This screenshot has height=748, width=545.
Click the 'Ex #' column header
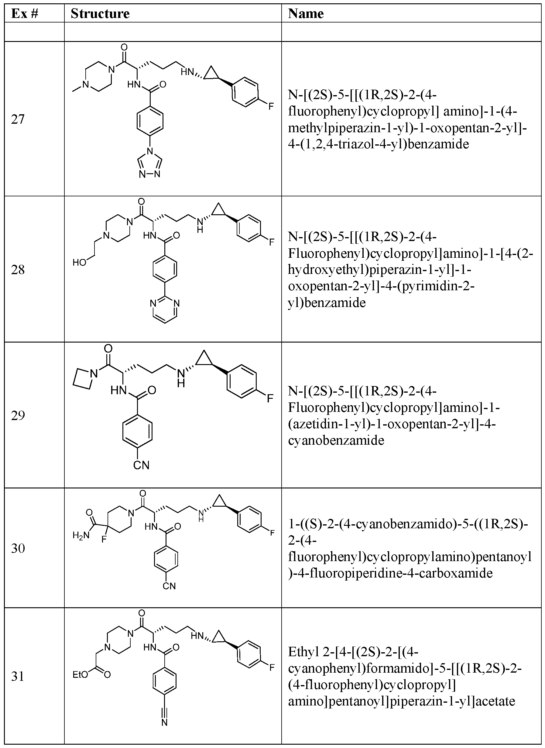click(25, 14)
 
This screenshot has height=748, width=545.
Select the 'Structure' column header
click(100, 14)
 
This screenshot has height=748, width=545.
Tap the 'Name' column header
click(306, 14)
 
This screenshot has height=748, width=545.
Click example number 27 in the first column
click(18, 119)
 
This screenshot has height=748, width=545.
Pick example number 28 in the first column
click(18, 270)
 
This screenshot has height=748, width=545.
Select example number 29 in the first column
click(18, 415)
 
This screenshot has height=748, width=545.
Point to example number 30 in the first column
click(18, 548)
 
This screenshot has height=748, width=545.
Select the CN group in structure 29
click(141, 465)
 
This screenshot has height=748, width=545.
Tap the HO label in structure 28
click(80, 262)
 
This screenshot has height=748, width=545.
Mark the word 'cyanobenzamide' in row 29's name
click(336, 440)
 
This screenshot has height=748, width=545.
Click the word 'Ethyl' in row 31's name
click(301, 652)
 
